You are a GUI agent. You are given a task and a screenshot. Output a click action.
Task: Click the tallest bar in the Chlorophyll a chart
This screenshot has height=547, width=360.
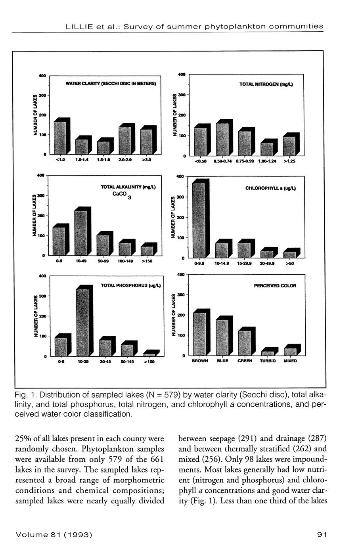[199, 220]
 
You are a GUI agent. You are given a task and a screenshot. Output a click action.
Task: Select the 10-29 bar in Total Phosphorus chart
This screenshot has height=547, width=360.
[82, 322]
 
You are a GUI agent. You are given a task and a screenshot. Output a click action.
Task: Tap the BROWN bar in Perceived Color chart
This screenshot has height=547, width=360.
[199, 334]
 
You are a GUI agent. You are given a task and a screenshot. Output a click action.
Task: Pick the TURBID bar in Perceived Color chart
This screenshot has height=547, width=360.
[267, 353]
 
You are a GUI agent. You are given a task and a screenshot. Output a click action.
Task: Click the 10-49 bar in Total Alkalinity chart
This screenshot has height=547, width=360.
[81, 233]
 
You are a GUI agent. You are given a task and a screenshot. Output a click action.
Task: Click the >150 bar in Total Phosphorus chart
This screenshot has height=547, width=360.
[149, 354]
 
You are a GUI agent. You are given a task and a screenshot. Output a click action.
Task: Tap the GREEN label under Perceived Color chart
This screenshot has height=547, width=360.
[245, 361]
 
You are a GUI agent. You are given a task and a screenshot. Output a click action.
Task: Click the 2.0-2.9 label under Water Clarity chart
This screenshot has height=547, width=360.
[125, 160]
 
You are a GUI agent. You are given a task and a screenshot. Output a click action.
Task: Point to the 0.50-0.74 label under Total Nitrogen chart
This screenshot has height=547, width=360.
[222, 162]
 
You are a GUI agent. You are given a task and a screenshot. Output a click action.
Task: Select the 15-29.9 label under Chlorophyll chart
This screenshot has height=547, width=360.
[245, 263]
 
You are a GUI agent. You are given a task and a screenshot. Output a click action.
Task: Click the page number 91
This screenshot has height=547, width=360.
[322, 535]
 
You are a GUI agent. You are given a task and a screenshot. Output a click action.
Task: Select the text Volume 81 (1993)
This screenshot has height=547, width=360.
[54, 535]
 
